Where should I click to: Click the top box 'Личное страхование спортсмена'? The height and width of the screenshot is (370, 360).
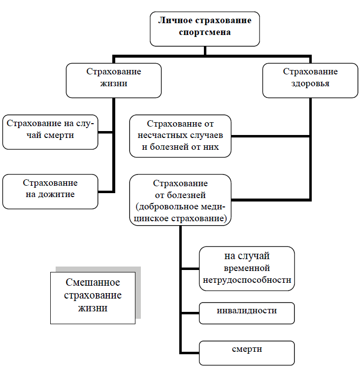tap(205, 28)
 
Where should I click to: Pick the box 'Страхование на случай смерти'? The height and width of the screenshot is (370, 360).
tap(50, 131)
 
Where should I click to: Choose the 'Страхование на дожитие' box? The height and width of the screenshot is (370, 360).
tap(50, 191)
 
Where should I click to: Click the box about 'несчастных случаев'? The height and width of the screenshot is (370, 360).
tap(180, 136)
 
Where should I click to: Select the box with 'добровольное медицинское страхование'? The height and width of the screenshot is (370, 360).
tap(180, 200)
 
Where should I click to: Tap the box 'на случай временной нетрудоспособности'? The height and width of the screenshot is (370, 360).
tap(247, 269)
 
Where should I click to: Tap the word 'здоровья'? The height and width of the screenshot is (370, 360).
tap(310, 84)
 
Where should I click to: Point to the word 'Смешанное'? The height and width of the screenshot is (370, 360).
tap(93, 283)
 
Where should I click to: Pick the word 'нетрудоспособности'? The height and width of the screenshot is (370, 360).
tap(247, 280)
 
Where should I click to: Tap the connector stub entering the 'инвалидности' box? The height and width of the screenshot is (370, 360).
tap(191, 313)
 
